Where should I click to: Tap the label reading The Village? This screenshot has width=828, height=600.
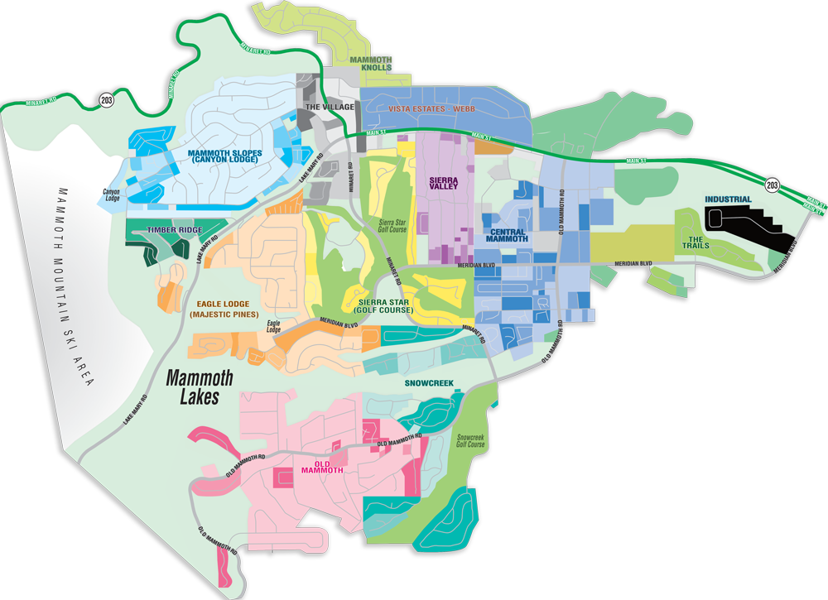[x=330, y=108]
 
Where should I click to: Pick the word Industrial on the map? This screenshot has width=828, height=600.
[x=728, y=199]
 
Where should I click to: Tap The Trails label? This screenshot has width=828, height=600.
[x=696, y=242]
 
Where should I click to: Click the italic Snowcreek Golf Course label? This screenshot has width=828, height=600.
[x=470, y=439]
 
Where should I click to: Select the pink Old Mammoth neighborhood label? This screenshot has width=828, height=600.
[x=323, y=466]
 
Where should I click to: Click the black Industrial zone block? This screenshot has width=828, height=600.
[x=741, y=219]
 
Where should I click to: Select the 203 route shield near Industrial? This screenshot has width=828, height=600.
[x=772, y=185]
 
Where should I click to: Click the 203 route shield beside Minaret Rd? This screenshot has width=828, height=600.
[x=106, y=100]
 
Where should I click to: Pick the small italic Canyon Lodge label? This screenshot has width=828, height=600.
[x=112, y=195]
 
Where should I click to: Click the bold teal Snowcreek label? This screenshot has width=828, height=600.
[x=428, y=383]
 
